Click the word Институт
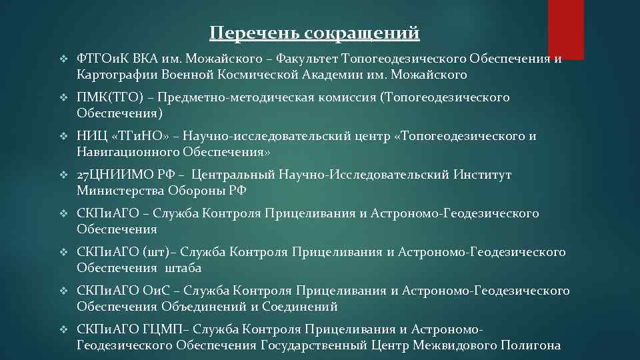[483, 175]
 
